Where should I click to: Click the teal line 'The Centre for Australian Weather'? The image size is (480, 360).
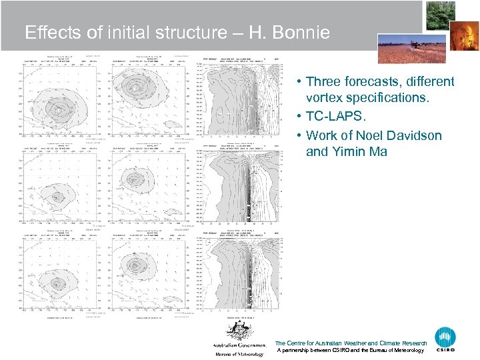tap(350, 343)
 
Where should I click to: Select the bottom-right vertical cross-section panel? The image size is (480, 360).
tap(236, 273)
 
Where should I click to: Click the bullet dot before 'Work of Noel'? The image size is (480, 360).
tap(301, 135)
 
